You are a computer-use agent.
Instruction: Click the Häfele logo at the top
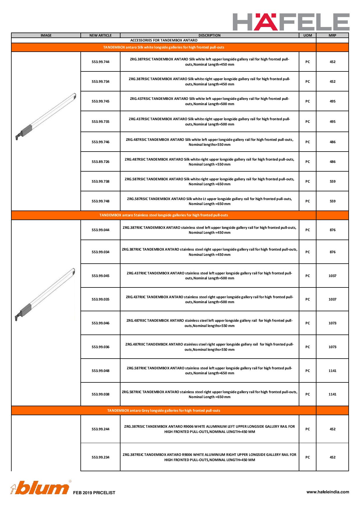click(x=291, y=22)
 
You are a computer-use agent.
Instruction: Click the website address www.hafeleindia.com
click(x=328, y=492)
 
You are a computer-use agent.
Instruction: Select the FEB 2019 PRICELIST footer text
click(x=94, y=493)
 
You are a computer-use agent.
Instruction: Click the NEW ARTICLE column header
click(x=100, y=35)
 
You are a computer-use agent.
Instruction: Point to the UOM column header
click(x=307, y=35)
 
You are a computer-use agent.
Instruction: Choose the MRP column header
click(x=332, y=35)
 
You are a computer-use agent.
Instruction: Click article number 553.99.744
click(x=100, y=62)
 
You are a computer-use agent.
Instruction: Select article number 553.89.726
click(x=100, y=162)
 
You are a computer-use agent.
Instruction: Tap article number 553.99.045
click(x=100, y=276)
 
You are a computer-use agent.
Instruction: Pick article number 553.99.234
click(x=100, y=457)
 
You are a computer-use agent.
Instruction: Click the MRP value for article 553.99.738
click(x=332, y=181)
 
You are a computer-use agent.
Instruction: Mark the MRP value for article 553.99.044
click(x=332, y=230)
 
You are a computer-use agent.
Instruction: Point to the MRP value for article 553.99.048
click(x=332, y=371)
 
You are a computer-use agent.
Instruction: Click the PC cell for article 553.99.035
click(x=307, y=299)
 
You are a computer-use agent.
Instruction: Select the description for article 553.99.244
click(x=209, y=429)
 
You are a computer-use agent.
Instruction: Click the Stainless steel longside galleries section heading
click(x=164, y=215)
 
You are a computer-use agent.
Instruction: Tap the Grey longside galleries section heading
click(x=164, y=411)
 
